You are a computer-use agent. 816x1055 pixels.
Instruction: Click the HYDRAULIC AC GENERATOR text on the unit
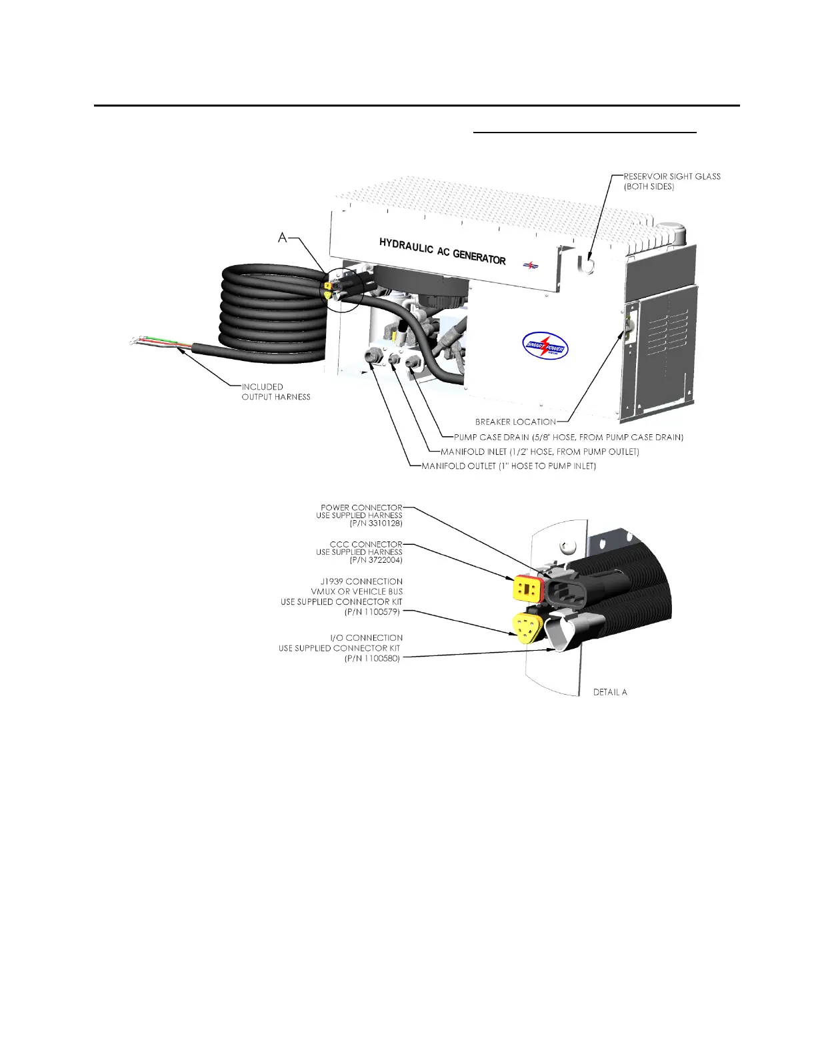(442, 251)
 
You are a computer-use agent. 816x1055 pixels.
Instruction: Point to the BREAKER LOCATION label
(515, 422)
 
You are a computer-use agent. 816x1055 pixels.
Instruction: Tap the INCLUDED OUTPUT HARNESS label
(276, 392)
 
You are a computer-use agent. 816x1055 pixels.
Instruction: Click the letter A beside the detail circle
(283, 238)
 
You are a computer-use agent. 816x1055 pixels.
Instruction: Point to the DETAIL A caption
(610, 692)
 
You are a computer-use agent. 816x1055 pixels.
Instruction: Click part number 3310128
(376, 524)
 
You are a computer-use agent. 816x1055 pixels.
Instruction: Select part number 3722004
(376, 560)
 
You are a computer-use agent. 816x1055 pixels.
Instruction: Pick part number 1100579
(372, 611)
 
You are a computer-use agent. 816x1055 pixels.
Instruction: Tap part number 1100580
(372, 658)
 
